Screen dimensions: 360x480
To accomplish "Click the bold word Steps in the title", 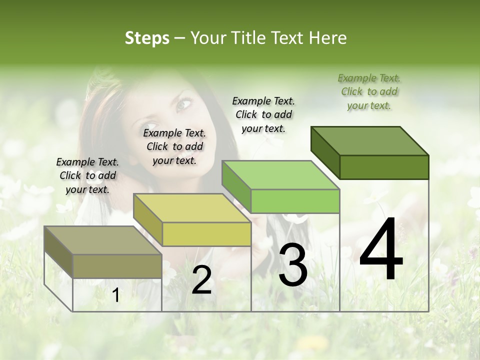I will (147, 38).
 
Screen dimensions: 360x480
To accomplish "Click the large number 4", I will (381, 249).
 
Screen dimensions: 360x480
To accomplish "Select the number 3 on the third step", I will (293, 265).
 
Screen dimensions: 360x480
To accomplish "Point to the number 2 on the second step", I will (201, 280).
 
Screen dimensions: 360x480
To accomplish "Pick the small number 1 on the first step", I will (116, 295).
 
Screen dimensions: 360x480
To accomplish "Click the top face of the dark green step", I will (370, 140).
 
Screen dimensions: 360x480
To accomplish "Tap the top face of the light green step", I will (280, 175).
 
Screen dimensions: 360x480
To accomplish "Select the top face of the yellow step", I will (192, 208).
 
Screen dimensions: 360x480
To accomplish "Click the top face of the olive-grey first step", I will (102, 240).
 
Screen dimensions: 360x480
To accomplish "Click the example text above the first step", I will (87, 175).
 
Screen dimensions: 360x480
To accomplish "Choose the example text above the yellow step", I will (174, 146).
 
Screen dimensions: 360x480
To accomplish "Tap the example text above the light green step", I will (263, 114).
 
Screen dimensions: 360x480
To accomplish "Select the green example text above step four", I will (369, 91).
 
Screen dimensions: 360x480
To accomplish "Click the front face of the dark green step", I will (384, 167).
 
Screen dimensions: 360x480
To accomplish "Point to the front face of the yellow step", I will (206, 234).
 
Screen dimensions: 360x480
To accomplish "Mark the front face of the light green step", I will (295, 201).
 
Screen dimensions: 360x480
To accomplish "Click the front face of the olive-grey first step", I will (117, 266).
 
